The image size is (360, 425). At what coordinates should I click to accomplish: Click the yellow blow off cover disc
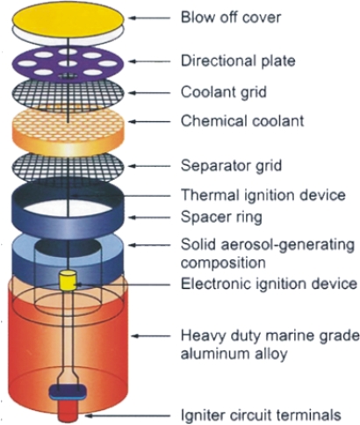point(68,18)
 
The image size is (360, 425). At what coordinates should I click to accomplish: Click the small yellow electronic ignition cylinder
point(68,280)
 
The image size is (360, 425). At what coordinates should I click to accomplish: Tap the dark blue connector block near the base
point(68,393)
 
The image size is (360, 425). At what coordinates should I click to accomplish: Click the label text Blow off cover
point(231,18)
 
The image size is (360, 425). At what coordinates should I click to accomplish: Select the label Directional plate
point(238,61)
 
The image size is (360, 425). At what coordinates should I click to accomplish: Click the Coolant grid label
point(224,92)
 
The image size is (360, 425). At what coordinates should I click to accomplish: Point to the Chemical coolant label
point(242,121)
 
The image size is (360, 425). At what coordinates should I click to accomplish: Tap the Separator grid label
point(231,166)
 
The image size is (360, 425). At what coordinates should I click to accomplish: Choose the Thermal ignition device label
point(263,195)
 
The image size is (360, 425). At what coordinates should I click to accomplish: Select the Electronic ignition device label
point(269,284)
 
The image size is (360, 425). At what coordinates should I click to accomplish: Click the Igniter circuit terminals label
point(261,415)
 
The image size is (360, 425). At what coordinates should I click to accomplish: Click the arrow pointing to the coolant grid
point(149,93)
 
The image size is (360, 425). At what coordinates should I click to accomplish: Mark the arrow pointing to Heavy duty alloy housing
point(151,336)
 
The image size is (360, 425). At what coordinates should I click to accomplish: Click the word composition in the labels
point(223,263)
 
